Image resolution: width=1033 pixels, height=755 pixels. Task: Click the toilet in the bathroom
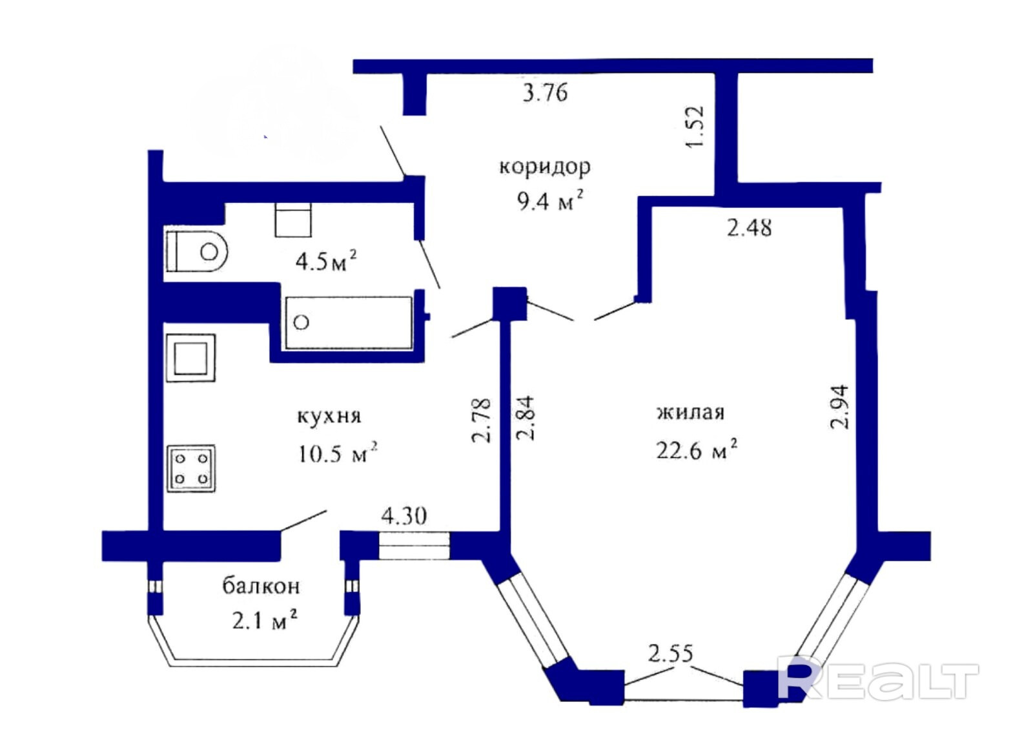coord(197,252)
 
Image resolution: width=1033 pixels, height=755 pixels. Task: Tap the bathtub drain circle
coord(302,322)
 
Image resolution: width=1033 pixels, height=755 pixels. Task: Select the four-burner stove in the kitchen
coord(192,468)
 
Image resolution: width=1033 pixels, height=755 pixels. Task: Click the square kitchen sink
coord(191,358)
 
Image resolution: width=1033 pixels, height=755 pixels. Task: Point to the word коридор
coord(545,167)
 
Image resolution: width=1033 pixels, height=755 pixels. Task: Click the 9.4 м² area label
coord(549,202)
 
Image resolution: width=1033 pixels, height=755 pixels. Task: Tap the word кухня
coord(329,417)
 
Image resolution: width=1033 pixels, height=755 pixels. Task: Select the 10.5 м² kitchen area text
coord(338,453)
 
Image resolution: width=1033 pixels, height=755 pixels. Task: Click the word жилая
coord(691,412)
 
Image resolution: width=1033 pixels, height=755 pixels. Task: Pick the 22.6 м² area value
coord(697,450)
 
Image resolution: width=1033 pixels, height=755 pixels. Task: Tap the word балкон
coord(261,586)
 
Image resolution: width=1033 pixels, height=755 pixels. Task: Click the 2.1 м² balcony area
coord(264,621)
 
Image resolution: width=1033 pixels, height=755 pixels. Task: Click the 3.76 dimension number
coord(545,93)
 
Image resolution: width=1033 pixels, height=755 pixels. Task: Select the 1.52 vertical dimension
coord(694,127)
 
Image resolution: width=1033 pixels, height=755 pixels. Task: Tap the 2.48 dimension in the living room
coord(749,228)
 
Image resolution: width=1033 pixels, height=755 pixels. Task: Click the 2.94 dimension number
coord(839,408)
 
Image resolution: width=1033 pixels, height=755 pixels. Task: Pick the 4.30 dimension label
coord(404,516)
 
